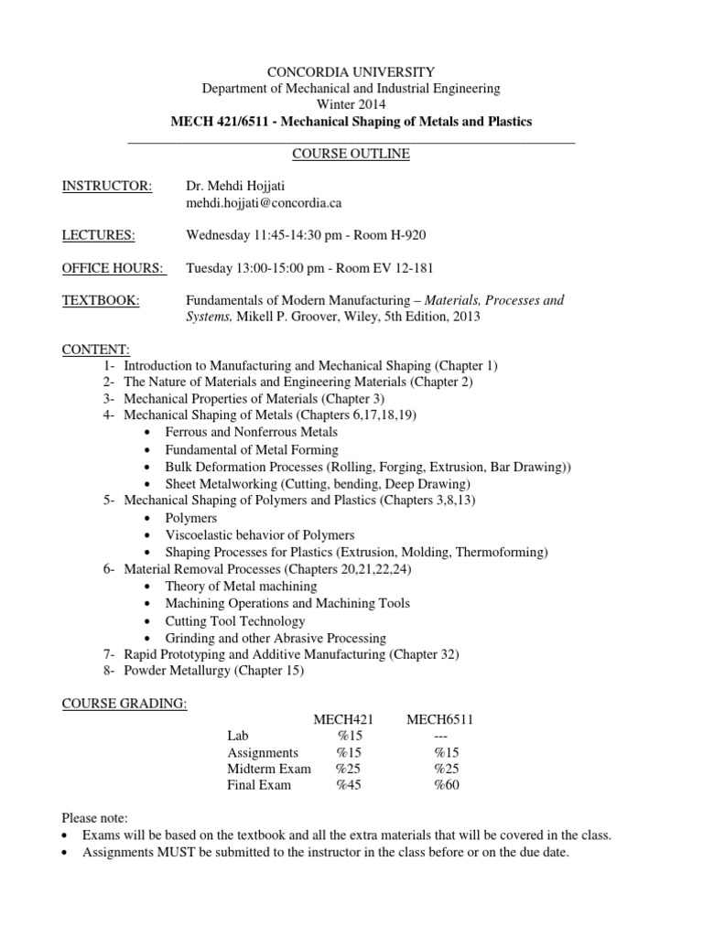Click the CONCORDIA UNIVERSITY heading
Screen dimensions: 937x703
pos(351,71)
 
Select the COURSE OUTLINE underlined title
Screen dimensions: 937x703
pos(351,154)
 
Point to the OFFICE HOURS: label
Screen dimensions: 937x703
pos(114,268)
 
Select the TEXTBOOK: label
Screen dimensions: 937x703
pos(101,300)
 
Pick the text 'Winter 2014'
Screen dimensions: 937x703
pos(351,104)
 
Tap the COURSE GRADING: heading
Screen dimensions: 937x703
pos(124,704)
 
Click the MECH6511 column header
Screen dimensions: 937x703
pos(440,719)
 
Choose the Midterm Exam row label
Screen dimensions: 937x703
pos(269,768)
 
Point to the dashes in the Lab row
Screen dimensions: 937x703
pos(438,736)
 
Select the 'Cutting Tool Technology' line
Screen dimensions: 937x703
pos(235,620)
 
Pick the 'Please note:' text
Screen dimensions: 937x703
pos(95,817)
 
